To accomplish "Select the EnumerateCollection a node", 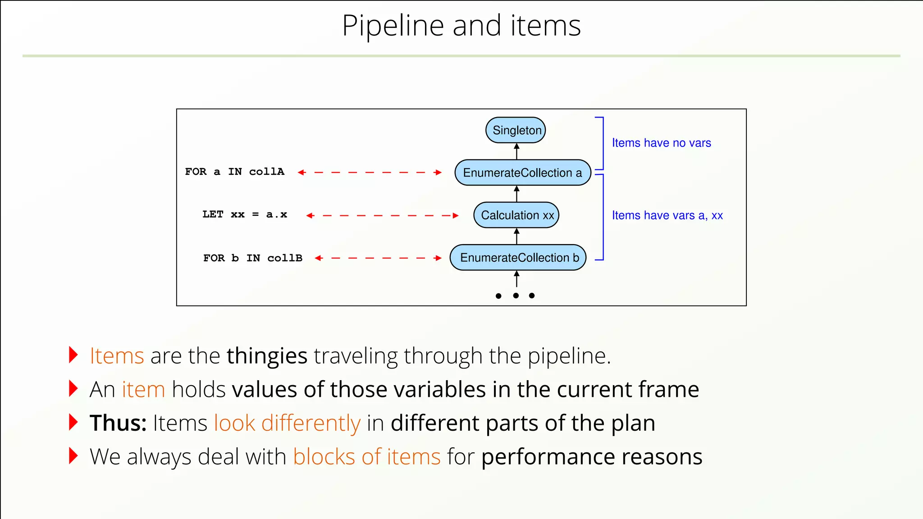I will [522, 173].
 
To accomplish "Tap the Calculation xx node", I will [516, 215].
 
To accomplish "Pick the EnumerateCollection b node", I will [518, 258].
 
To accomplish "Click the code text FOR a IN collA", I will [234, 172].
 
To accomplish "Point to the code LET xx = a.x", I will [245, 214].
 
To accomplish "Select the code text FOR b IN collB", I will [252, 258].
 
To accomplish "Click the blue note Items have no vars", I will [661, 143].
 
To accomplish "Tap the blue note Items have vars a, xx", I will [667, 215].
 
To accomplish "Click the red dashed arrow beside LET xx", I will [382, 215].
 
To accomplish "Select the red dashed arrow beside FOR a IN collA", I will [370, 172].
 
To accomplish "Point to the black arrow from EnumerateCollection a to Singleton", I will [516, 151].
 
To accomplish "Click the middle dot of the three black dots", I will [516, 296].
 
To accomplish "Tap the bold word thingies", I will [267, 356].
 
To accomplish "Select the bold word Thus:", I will [118, 423].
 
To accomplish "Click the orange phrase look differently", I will [287, 423].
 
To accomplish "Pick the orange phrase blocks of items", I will [366, 456].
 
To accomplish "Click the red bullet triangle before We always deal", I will [73, 456].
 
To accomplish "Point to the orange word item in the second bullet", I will [143, 389].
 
